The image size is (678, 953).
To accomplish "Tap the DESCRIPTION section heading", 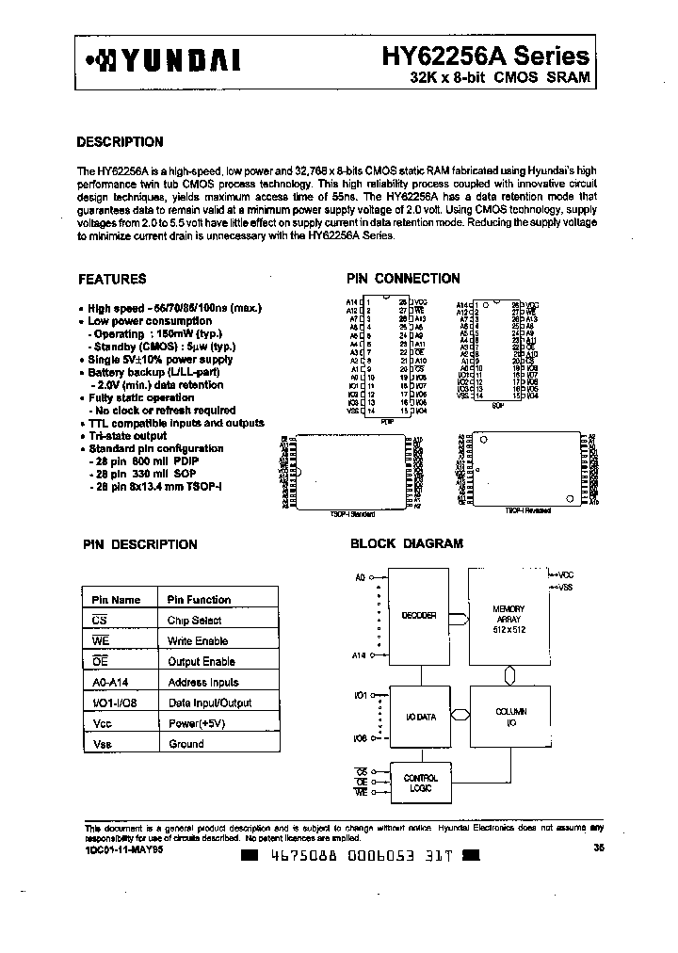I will click(119, 142).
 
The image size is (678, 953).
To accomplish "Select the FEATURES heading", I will click(111, 279).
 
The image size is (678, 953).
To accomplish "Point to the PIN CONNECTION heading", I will click(403, 279).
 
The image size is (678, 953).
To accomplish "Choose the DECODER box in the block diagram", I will click(419, 615).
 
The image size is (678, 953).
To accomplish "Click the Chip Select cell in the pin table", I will click(195, 621).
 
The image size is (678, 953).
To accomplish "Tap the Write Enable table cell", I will click(198, 641).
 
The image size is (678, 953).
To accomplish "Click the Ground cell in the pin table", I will click(186, 743).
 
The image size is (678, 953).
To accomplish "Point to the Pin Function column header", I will click(199, 600).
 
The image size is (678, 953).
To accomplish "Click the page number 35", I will click(599, 848).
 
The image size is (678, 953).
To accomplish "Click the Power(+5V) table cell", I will click(197, 723).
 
